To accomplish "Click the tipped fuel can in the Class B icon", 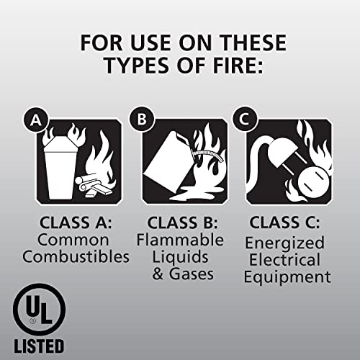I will click(x=166, y=163).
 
